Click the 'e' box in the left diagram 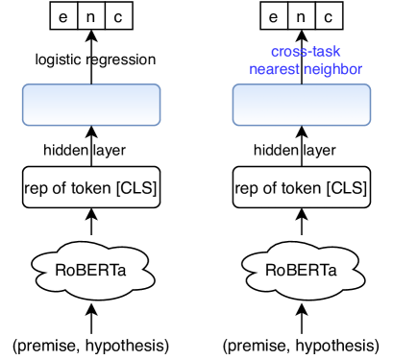[x=63, y=16]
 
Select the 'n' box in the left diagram [x=90, y=16]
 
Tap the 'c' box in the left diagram [x=117, y=16]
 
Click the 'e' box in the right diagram [x=274, y=16]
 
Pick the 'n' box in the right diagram [x=301, y=16]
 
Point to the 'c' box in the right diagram [x=328, y=16]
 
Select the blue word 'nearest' [x=275, y=69]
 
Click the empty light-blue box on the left [x=90, y=104]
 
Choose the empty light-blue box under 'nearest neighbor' [x=301, y=104]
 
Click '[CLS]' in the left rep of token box [x=135, y=188]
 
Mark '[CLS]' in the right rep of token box [x=345, y=188]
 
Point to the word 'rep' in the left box [x=36, y=188]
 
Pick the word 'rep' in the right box [x=247, y=188]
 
